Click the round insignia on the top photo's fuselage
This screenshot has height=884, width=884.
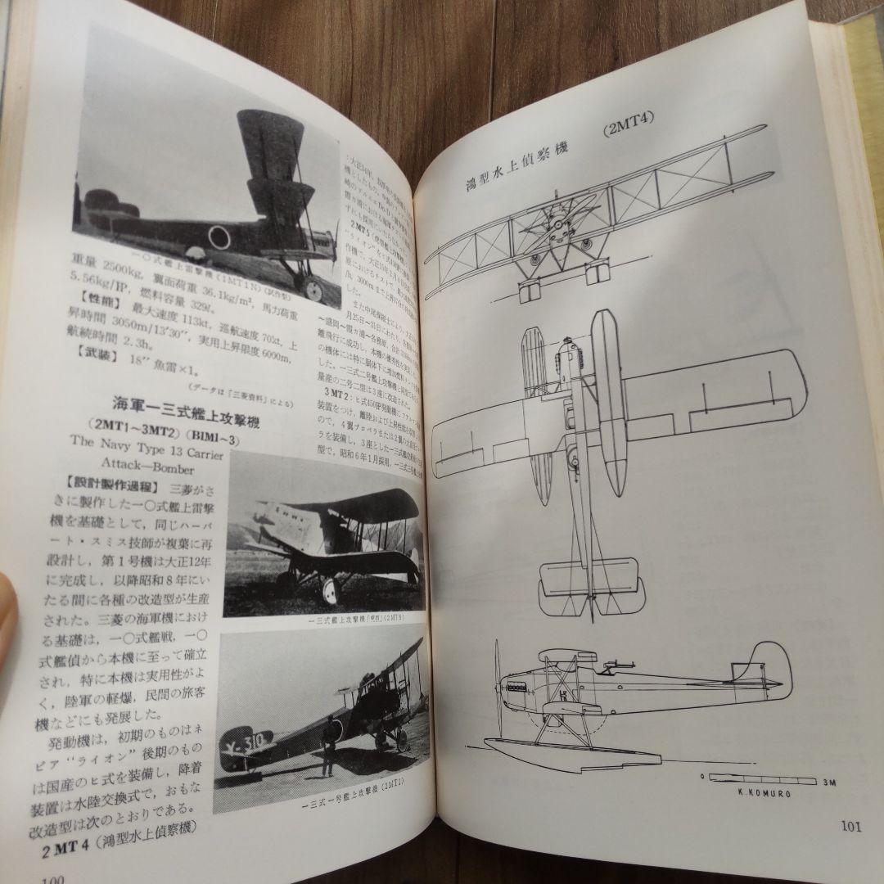tap(219, 237)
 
